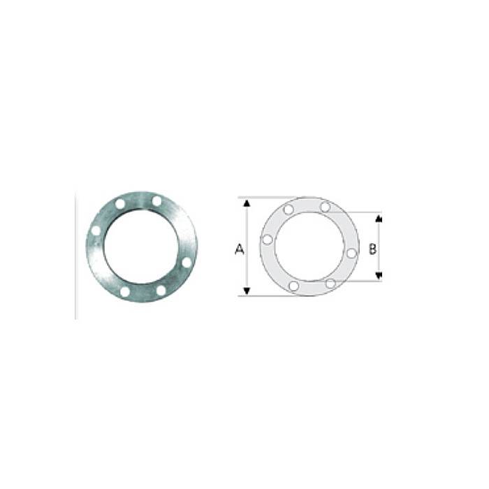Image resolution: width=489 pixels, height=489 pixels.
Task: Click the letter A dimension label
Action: coord(239,249)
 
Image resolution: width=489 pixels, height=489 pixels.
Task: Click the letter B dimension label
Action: coord(372,249)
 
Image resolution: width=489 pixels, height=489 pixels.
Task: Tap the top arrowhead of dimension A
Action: coord(246,202)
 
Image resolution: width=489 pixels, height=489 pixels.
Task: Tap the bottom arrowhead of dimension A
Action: coord(246,291)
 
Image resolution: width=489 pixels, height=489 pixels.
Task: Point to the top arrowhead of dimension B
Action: coord(379,218)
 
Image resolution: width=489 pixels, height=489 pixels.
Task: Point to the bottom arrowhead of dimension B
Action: coord(379,276)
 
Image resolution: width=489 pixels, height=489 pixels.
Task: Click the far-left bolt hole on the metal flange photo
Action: coord(96,230)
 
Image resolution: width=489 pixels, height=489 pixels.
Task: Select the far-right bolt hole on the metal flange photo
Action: coord(187,262)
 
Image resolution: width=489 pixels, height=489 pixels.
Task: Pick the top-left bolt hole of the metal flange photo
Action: coord(120,204)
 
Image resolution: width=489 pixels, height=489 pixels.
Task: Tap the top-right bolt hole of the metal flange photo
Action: coord(156,201)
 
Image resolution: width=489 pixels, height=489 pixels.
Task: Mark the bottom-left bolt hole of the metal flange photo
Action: coord(125,291)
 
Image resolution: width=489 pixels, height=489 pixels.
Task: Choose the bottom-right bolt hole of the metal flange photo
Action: coord(161,289)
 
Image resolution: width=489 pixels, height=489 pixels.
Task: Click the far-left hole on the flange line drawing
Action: coord(267,240)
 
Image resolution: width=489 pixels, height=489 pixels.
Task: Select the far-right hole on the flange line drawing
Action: coord(351,253)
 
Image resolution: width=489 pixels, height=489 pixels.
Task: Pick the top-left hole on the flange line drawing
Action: coord(289,210)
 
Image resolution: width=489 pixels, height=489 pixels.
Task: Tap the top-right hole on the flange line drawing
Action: coord(325,207)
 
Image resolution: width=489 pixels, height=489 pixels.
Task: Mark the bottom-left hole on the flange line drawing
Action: coord(293,286)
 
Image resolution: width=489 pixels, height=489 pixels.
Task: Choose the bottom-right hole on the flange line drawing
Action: coord(330,283)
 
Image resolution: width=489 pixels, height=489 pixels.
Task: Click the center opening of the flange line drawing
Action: coord(309,246)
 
